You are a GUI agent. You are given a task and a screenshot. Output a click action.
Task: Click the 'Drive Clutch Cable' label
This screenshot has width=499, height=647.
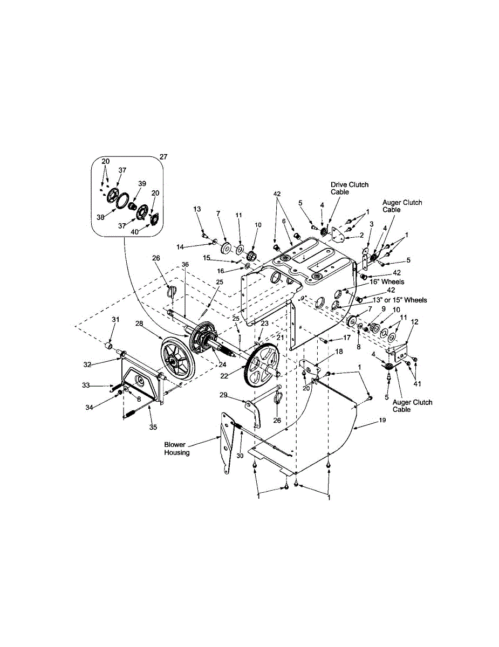click(x=350, y=188)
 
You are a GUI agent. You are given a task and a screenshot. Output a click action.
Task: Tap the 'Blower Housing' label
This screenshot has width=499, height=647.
click(x=177, y=449)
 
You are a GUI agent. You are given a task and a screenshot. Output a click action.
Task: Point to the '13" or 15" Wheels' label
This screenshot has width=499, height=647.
click(x=399, y=300)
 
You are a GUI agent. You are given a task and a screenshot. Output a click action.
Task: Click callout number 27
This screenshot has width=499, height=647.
click(x=164, y=157)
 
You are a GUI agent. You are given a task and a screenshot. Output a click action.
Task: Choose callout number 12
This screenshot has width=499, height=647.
click(x=414, y=322)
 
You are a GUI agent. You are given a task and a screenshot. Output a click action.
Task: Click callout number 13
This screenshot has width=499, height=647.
click(x=196, y=209)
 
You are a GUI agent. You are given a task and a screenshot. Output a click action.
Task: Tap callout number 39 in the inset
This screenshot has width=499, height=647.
click(x=142, y=183)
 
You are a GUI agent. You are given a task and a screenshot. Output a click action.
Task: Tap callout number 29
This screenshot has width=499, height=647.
click(x=238, y=395)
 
